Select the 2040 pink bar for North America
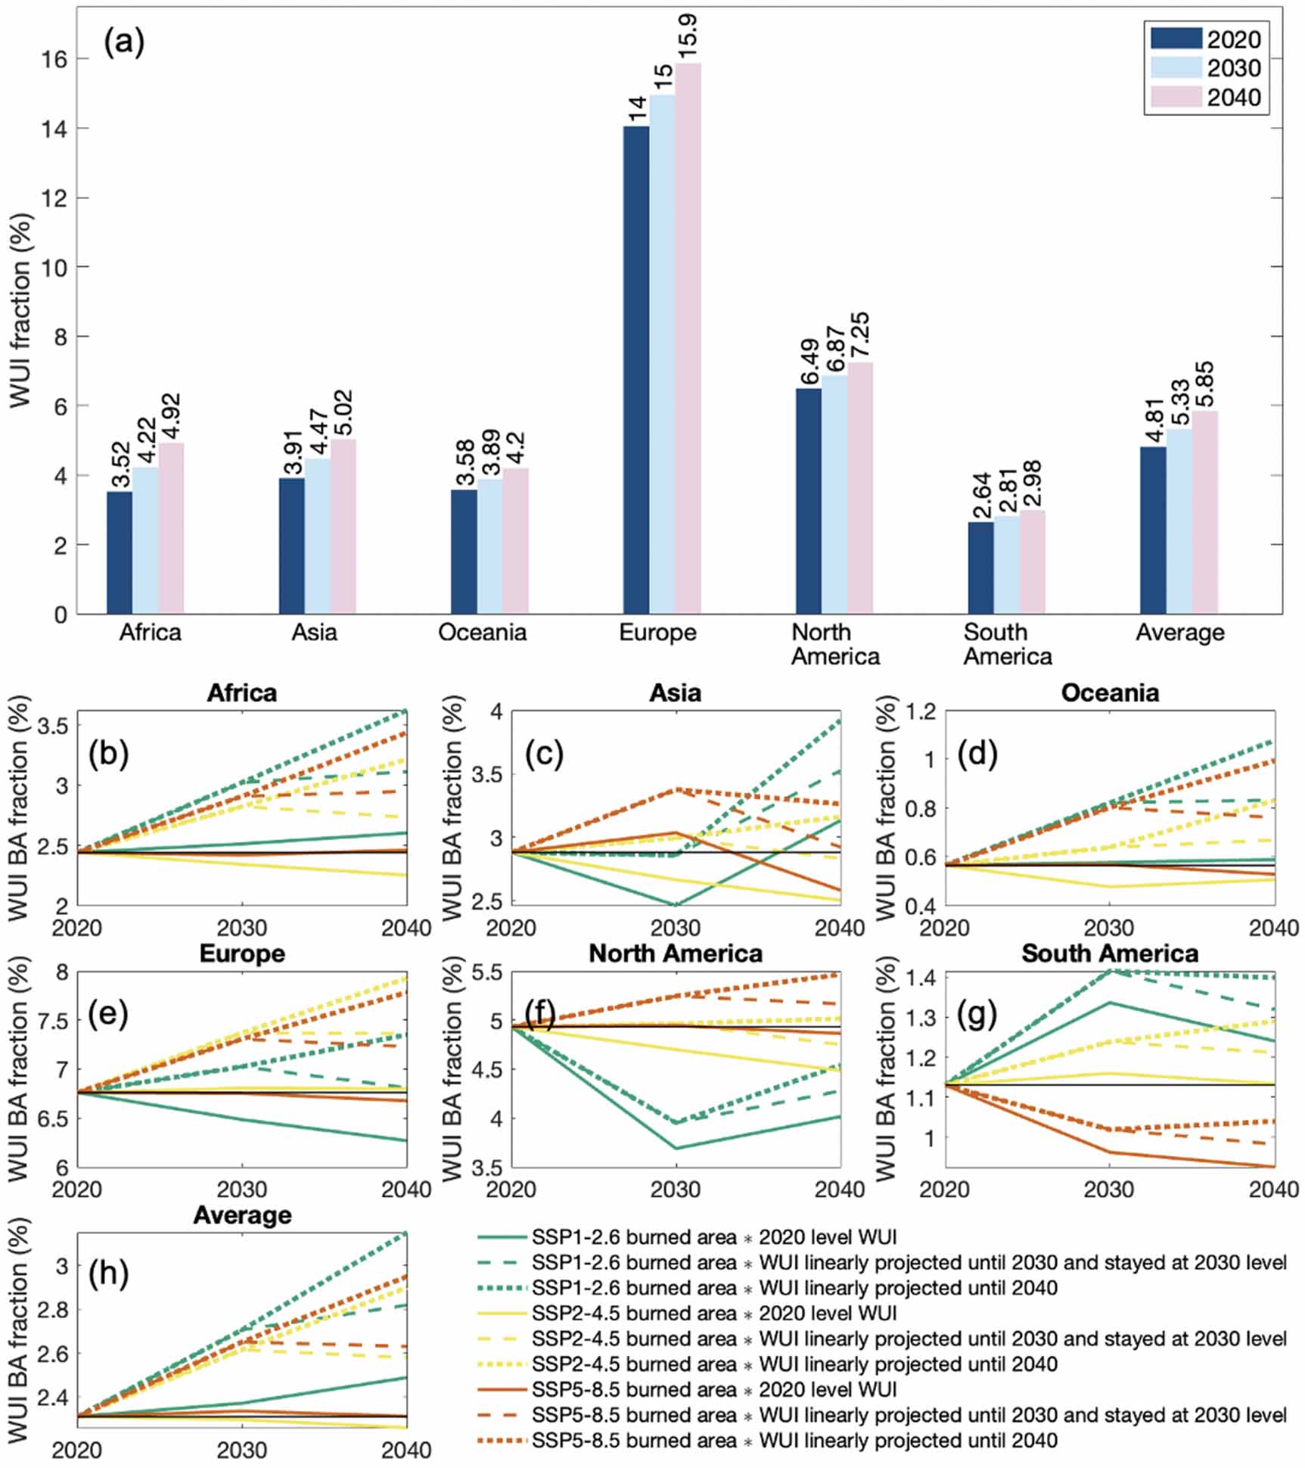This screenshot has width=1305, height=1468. pyautogui.click(x=860, y=487)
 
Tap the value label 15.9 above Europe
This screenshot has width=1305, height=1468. pyautogui.click(x=688, y=36)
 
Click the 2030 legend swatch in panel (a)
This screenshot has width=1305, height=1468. pyautogui.click(x=1176, y=68)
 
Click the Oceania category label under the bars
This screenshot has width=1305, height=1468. pyautogui.click(x=482, y=632)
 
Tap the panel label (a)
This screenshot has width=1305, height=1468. pyautogui.click(x=124, y=42)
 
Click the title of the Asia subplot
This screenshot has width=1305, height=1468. pyautogui.click(x=675, y=692)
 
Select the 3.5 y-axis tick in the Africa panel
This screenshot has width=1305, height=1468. pyautogui.click(x=52, y=726)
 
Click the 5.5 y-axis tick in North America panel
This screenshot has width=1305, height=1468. pyautogui.click(x=487, y=972)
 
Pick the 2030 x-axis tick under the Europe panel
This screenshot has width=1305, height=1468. pyautogui.click(x=242, y=1189)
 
